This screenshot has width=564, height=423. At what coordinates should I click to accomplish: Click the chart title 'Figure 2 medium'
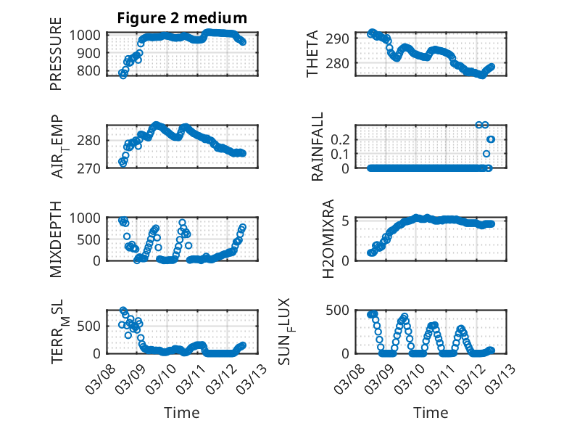182,18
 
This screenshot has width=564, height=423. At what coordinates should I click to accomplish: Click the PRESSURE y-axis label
56,59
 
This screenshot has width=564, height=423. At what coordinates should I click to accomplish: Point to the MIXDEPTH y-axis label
56,239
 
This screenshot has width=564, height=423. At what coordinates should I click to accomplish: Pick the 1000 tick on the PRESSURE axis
88,35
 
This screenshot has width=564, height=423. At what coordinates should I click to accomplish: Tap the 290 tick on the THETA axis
341,38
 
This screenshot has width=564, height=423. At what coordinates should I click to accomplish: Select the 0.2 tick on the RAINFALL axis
342,139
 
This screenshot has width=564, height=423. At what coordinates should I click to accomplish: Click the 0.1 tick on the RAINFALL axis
342,154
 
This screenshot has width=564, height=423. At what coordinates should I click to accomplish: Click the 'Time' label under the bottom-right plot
430,412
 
